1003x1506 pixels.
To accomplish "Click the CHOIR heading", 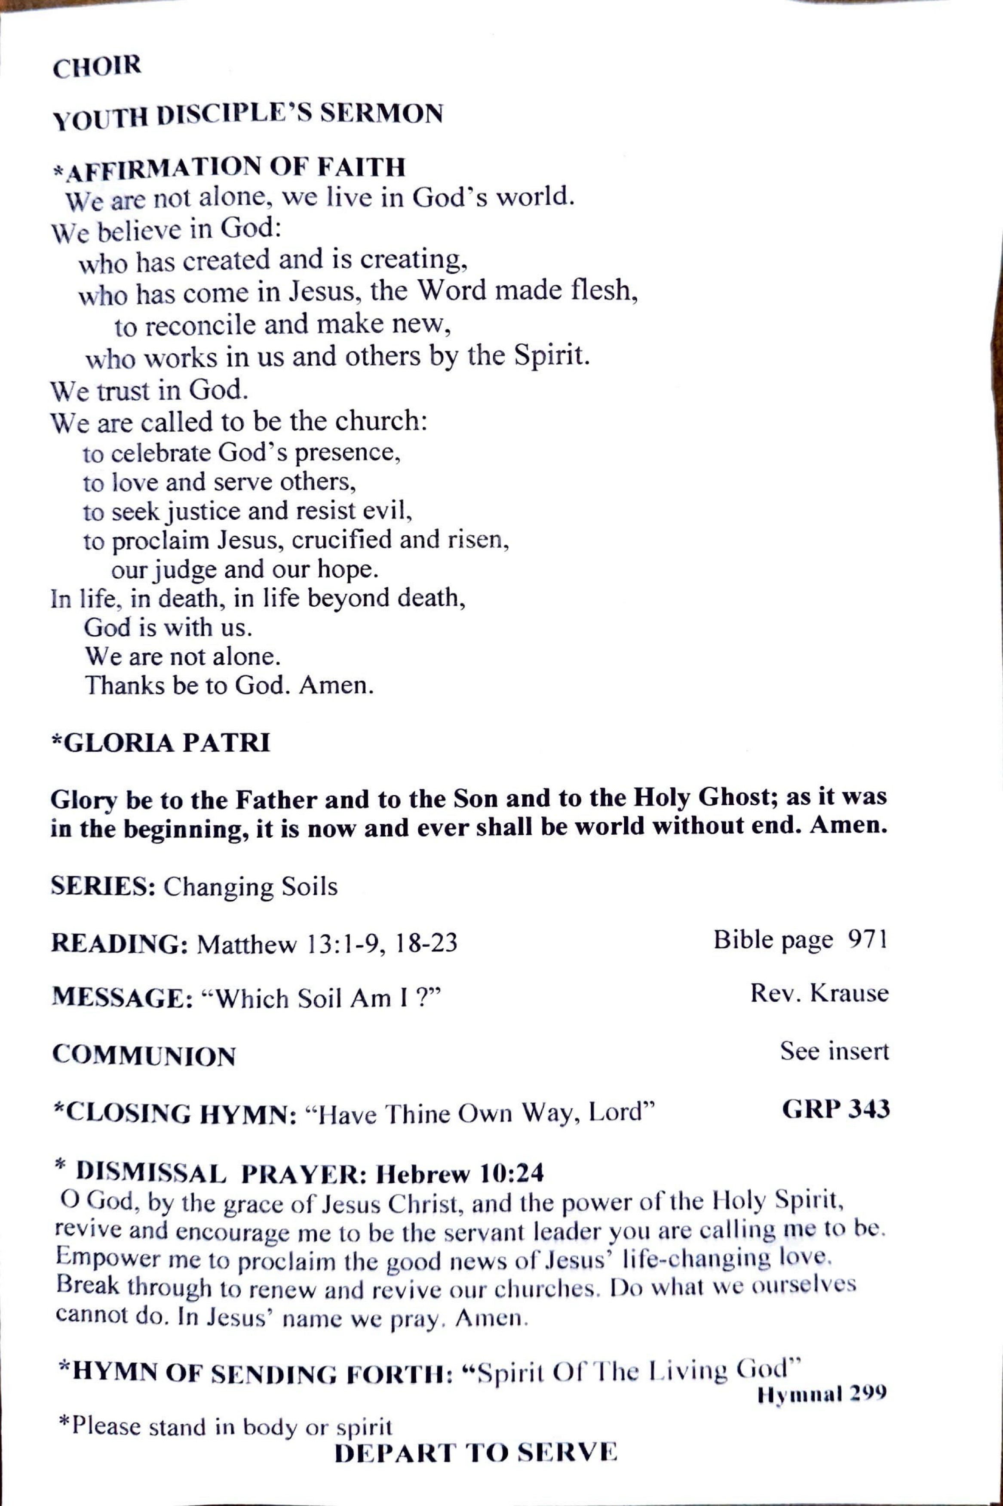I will pos(97,67).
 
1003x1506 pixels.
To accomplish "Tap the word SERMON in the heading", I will pos(381,114).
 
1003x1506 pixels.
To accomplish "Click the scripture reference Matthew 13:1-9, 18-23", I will pos(327,944).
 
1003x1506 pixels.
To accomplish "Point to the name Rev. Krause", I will pos(819,993).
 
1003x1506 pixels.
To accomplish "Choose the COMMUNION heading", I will pos(144,1055).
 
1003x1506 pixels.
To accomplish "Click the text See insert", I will pos(834,1050).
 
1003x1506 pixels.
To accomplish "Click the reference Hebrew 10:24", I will pos(460,1173).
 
